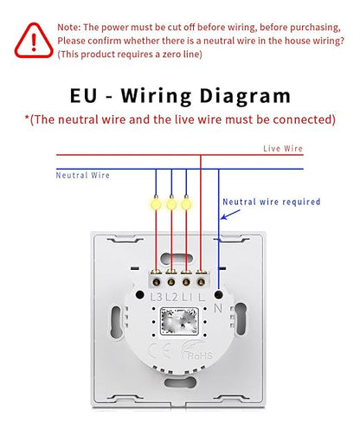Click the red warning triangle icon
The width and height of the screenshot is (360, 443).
click(x=34, y=41)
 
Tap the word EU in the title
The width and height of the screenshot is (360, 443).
click(x=83, y=95)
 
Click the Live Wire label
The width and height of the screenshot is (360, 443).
click(x=283, y=148)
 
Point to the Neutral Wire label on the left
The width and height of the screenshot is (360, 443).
click(x=83, y=175)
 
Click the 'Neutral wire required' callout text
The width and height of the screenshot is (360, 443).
click(x=272, y=202)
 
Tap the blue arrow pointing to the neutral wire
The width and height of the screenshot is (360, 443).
click(x=230, y=215)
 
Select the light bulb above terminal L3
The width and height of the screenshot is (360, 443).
click(x=156, y=203)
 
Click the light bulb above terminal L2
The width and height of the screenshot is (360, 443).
click(x=171, y=203)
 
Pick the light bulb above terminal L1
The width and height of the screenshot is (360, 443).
click(x=186, y=203)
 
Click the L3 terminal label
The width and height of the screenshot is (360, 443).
click(x=157, y=297)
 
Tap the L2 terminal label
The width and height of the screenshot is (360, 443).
click(x=171, y=297)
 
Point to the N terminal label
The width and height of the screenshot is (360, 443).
click(x=218, y=308)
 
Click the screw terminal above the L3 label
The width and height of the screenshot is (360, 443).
click(x=157, y=282)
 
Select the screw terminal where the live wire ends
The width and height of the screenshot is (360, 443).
click(x=202, y=282)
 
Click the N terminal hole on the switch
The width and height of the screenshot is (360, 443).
click(x=219, y=294)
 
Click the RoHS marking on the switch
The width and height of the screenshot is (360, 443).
click(x=200, y=356)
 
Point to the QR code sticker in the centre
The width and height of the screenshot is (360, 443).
click(x=179, y=321)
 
